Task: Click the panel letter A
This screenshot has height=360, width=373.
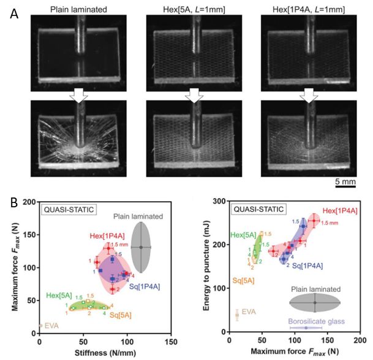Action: click(14, 13)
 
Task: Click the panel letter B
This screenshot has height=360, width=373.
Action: click(13, 201)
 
